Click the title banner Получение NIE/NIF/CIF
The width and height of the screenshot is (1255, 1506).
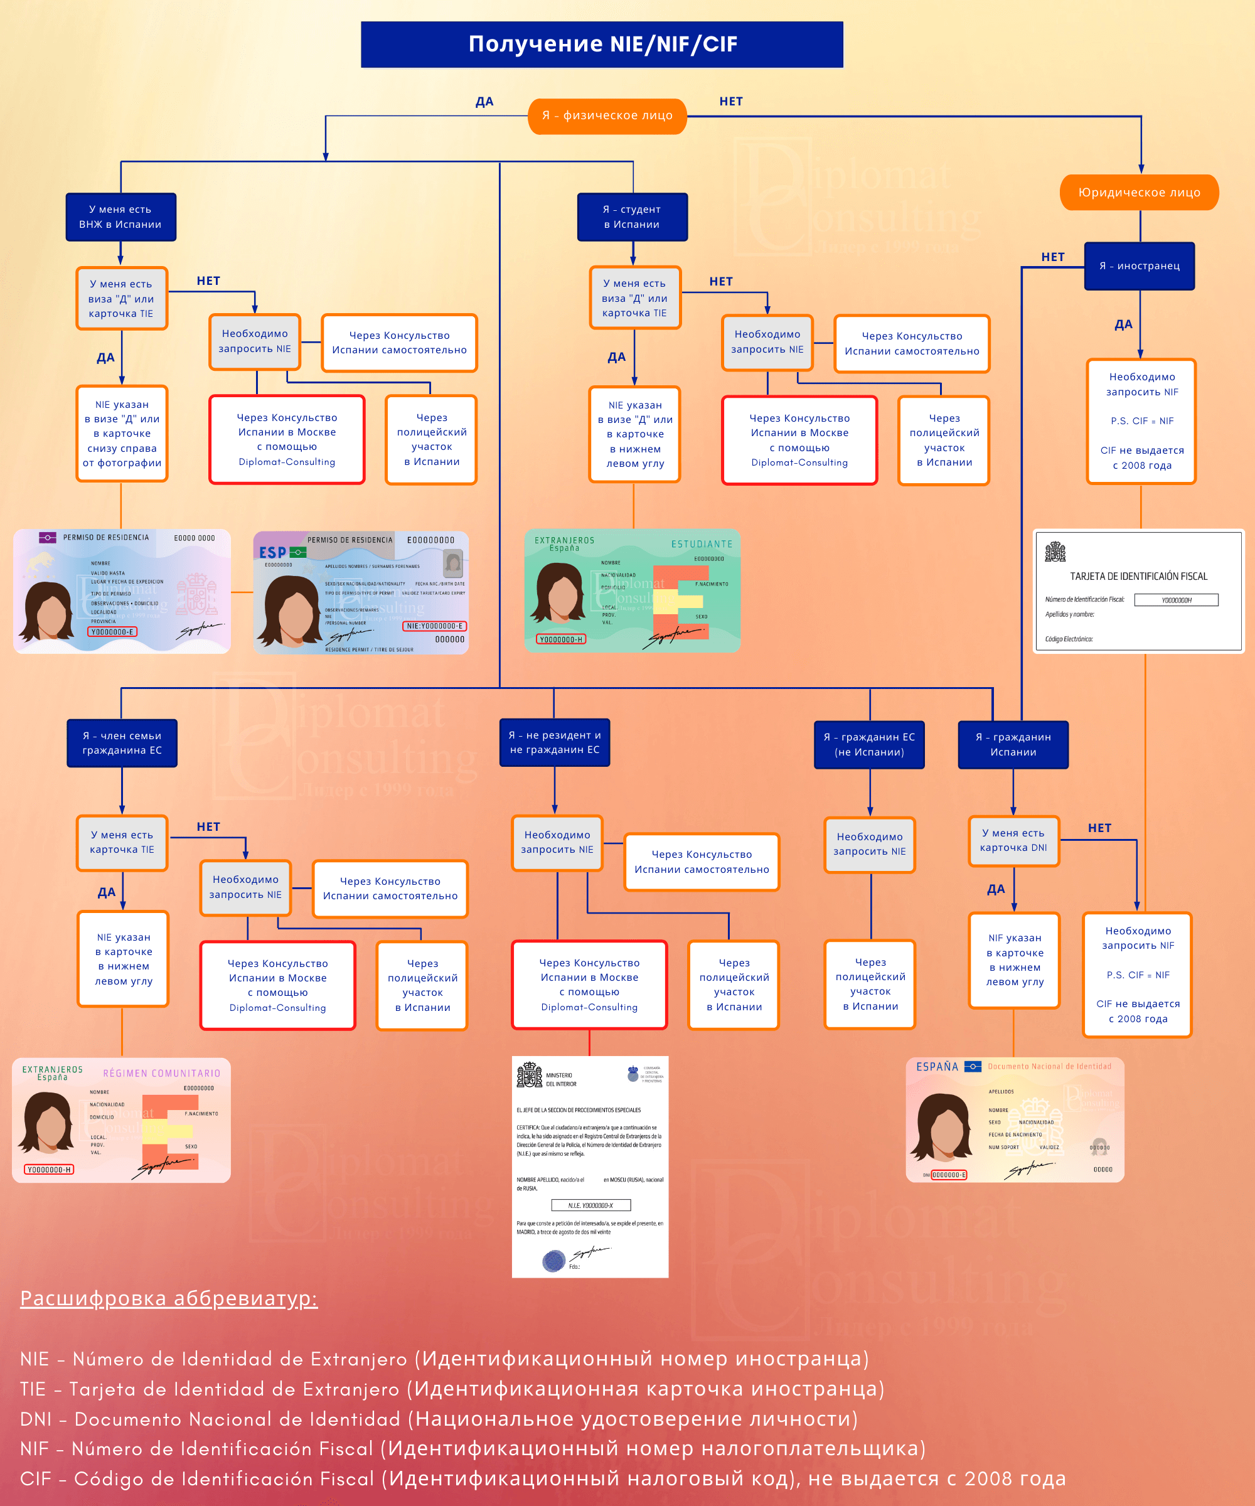tap(602, 45)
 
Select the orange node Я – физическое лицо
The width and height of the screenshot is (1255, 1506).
tap(607, 115)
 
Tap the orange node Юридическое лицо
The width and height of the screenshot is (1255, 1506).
tap(1139, 192)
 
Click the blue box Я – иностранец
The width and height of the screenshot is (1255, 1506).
tap(1139, 266)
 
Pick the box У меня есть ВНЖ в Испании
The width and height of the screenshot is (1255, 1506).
tap(120, 216)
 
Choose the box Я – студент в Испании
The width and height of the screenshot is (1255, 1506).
tap(632, 216)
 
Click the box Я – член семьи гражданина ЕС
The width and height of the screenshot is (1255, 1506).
tap(122, 743)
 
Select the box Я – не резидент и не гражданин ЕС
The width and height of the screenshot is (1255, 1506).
tap(554, 742)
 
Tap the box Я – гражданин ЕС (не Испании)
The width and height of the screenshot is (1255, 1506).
tap(869, 744)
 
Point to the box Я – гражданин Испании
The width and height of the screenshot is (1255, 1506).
tap(1013, 744)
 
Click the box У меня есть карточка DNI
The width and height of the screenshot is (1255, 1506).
tap(1013, 840)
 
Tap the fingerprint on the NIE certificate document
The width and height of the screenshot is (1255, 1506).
tap(553, 1260)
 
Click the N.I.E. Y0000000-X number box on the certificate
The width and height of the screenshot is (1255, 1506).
tap(591, 1205)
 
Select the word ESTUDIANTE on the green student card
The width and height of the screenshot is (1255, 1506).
tap(702, 544)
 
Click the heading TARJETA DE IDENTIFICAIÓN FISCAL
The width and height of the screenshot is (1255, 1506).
tap(1138, 577)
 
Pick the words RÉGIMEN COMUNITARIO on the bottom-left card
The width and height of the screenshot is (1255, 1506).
tap(161, 1074)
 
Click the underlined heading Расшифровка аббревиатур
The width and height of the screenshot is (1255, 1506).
tap(169, 1298)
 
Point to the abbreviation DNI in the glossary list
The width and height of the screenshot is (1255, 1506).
tap(35, 1419)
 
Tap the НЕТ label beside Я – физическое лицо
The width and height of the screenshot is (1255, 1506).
tap(731, 102)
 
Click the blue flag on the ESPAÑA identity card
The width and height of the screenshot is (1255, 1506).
tap(973, 1066)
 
